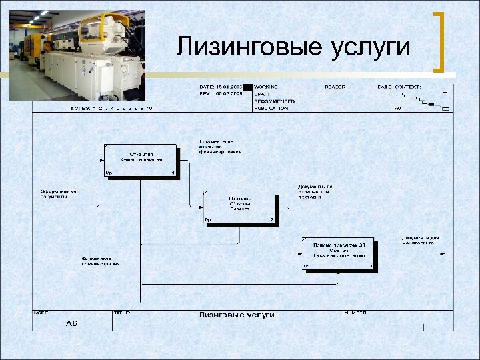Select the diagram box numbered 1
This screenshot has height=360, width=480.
pyautogui.click(x=141, y=161)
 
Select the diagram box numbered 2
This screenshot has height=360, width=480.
pyautogui.click(x=240, y=208)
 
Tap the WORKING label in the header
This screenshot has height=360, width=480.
pyautogui.click(x=267, y=87)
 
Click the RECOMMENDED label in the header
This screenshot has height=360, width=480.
pyautogui.click(x=274, y=101)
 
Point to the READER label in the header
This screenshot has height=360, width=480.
pyautogui.click(x=335, y=87)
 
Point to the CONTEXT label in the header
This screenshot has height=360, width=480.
pyautogui.click(x=408, y=87)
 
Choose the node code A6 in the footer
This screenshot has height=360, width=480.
pyautogui.click(x=71, y=323)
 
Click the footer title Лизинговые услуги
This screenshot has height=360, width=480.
pyautogui.click(x=236, y=315)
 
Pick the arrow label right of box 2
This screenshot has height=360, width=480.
pyautogui.click(x=315, y=191)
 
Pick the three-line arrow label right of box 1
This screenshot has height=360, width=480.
pyautogui.click(x=219, y=147)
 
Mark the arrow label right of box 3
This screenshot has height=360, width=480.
pyautogui.click(x=419, y=240)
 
